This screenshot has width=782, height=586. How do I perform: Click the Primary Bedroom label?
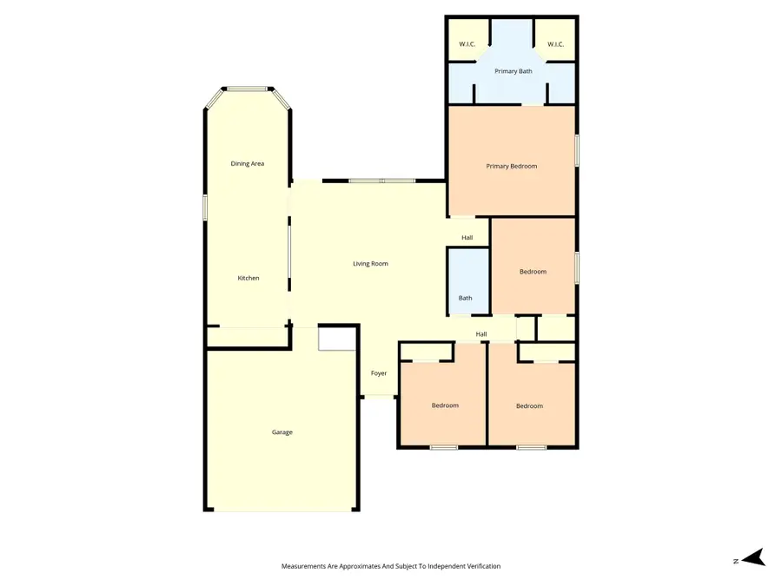pyautogui.click(x=511, y=166)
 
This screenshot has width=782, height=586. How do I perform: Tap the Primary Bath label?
pyautogui.click(x=513, y=71)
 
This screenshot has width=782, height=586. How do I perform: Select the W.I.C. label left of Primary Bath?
pyautogui.click(x=467, y=44)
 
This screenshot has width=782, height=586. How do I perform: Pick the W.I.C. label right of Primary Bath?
pyautogui.click(x=556, y=44)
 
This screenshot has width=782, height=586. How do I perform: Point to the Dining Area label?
pyautogui.click(x=247, y=163)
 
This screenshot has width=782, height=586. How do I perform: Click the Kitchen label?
pyautogui.click(x=249, y=278)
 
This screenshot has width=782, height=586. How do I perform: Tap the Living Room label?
pyautogui.click(x=370, y=263)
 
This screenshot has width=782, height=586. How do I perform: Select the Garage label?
pyautogui.click(x=282, y=431)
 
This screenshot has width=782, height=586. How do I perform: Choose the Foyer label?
pyautogui.click(x=379, y=373)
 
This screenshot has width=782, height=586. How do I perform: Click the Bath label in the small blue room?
pyautogui.click(x=466, y=298)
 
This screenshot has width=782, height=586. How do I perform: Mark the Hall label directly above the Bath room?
pyautogui.click(x=467, y=238)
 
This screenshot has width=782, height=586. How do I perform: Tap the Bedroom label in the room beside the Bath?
pyautogui.click(x=533, y=272)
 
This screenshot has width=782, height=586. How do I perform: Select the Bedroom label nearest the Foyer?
pyautogui.click(x=445, y=405)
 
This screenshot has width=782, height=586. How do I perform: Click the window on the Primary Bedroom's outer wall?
pyautogui.click(x=576, y=149)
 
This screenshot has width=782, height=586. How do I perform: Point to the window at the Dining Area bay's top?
pyautogui.click(x=248, y=88)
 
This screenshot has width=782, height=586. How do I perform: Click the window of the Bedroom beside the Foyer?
pyautogui.click(x=444, y=448)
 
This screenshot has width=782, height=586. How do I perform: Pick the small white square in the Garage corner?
pyautogui.click(x=336, y=339)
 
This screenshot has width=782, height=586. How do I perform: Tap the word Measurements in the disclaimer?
pyautogui.click(x=306, y=566)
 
